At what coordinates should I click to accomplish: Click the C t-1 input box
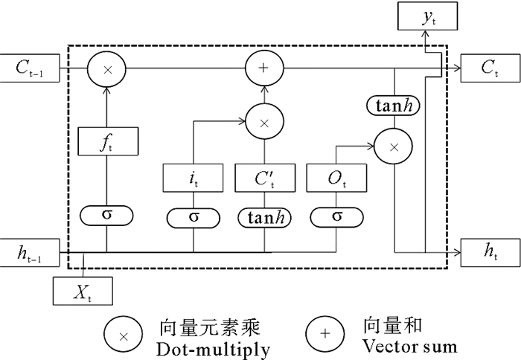31,69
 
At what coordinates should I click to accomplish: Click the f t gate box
107,141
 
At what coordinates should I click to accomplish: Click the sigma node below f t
107,216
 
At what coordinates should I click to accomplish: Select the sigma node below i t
193,217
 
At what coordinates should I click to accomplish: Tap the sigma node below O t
336,217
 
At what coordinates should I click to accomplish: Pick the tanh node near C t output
394,105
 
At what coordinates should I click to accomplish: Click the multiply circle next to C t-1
107,70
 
